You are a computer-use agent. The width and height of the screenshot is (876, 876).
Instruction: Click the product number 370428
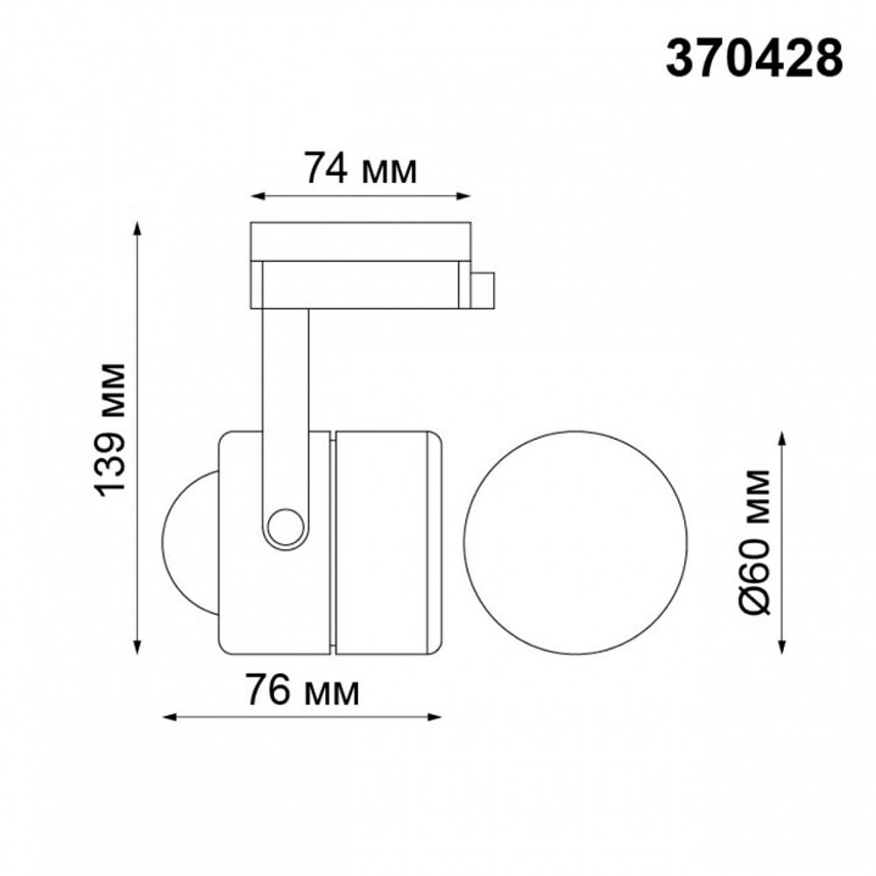tap(754, 60)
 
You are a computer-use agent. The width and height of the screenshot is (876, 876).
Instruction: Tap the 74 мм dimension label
tap(360, 168)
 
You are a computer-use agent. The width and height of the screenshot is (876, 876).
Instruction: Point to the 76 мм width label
tap(301, 691)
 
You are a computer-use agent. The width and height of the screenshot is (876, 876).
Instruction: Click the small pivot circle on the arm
tap(284, 527)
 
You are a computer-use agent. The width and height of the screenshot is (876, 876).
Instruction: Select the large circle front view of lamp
tap(576, 542)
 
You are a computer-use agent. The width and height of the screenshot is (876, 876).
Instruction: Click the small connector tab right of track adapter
tap(483, 289)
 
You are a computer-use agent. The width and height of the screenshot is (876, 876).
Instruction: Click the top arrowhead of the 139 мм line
tap(138, 229)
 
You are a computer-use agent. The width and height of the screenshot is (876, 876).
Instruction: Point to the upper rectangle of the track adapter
tap(360, 241)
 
